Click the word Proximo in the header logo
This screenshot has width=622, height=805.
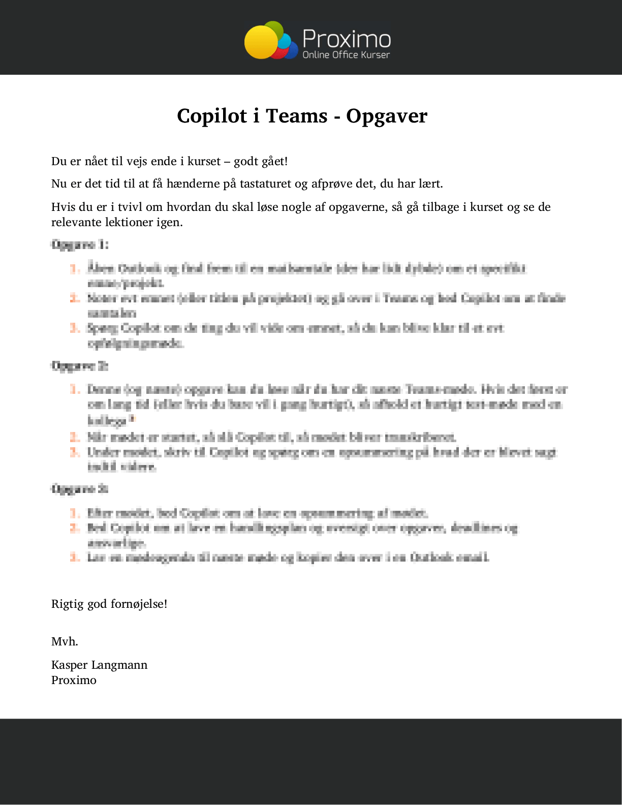click(347, 39)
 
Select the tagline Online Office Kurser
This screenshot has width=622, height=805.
click(346, 55)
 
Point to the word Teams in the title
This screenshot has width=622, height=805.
click(297, 116)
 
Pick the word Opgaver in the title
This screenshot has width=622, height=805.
click(387, 116)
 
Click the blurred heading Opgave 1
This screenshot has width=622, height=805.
click(80, 244)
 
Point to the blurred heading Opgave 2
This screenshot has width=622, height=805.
click(80, 366)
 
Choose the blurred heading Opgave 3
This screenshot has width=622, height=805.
click(80, 489)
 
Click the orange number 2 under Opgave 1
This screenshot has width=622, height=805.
click(75, 298)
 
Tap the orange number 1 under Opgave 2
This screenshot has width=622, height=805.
click(75, 390)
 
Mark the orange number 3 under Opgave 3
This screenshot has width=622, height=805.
click(75, 558)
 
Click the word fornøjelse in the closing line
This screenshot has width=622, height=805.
click(139, 604)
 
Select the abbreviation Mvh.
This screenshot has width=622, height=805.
click(65, 642)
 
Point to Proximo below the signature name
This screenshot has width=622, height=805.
click(74, 680)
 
